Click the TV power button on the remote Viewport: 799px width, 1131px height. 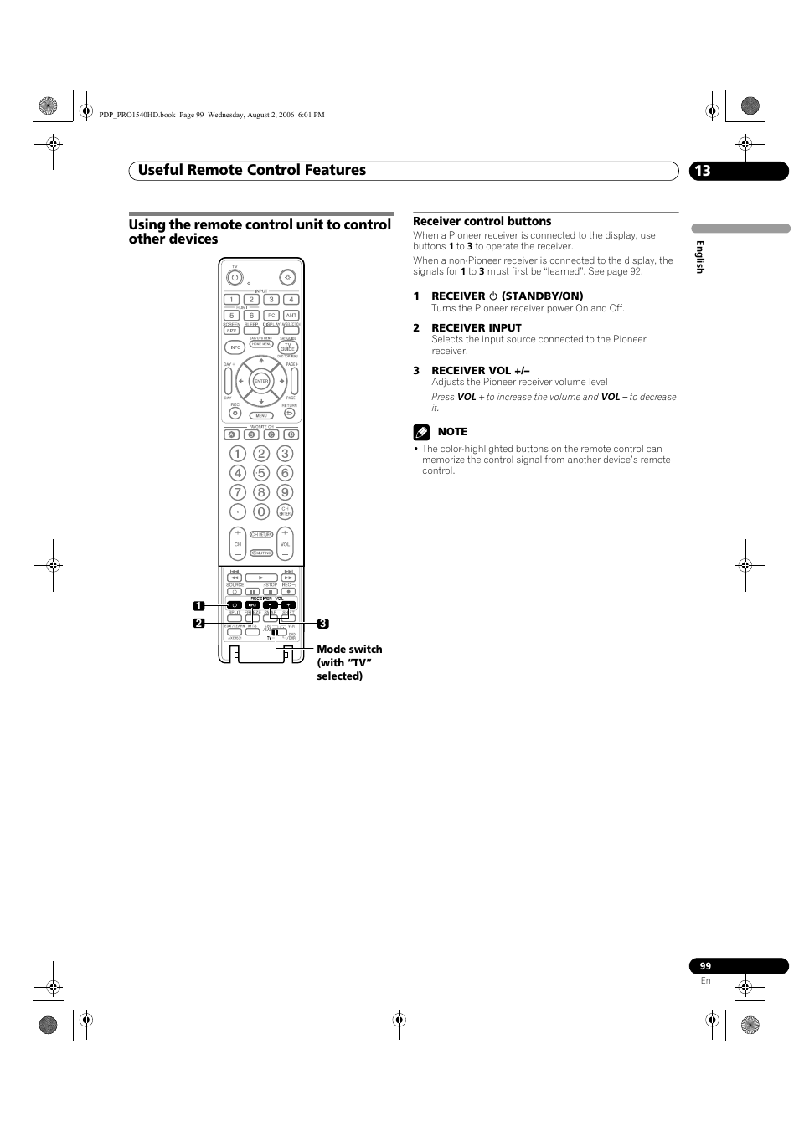coord(235,277)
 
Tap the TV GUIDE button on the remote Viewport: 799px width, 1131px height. coord(287,347)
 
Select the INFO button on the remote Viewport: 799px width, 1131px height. coord(235,347)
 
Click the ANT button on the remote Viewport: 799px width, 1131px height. coord(291,316)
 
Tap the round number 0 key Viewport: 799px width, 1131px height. coord(261,512)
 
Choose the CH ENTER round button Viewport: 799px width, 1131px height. coord(285,512)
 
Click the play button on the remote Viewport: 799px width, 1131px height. coord(261,578)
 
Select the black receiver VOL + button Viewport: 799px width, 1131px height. coord(288,605)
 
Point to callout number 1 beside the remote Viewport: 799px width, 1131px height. coord(198,605)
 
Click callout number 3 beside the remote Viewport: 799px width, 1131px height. coord(322,624)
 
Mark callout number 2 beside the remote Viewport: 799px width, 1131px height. coord(198,624)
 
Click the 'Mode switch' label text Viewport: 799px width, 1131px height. coord(349,650)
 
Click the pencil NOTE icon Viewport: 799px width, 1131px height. coord(421,433)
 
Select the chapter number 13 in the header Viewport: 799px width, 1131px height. coord(702,171)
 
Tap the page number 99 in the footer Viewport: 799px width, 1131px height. coord(705,966)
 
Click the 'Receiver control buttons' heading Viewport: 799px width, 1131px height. coord(482,222)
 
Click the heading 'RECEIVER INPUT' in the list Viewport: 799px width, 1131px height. coord(476,328)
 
